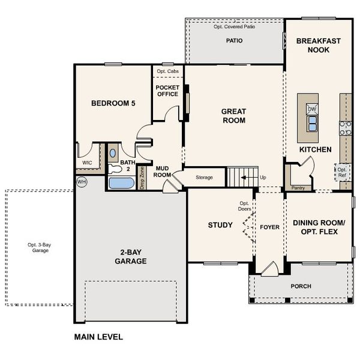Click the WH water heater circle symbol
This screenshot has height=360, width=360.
[81, 181]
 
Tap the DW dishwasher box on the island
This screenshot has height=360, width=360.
[312, 109]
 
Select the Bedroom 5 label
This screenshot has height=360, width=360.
[113, 103]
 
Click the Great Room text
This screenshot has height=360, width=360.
[233, 115]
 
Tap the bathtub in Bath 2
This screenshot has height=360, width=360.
[122, 183]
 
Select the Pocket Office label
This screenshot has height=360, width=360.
[167, 90]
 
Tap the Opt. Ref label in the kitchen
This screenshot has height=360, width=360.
[342, 172]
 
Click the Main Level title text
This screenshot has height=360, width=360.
[98, 337]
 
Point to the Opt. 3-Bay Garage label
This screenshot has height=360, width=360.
[37, 247]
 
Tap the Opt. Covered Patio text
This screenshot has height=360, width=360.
[234, 27]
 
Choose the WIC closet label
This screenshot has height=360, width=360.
[86, 163]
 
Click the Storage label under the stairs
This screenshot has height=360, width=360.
[205, 177]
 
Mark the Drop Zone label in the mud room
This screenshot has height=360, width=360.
[142, 178]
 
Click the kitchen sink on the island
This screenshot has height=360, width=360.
[312, 124]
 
